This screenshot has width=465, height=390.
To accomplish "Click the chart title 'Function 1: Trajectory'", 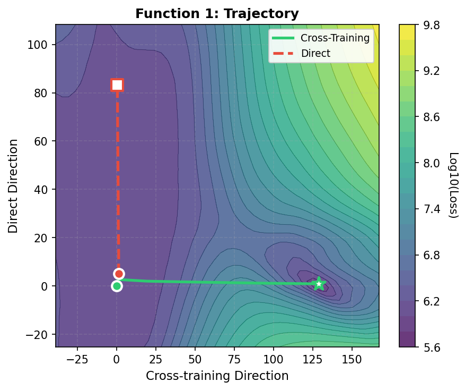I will (217, 14).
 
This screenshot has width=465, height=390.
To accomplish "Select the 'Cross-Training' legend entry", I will (323, 38).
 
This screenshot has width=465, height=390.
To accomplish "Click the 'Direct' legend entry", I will (315, 53).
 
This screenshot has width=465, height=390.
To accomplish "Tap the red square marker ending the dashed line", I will (117, 85).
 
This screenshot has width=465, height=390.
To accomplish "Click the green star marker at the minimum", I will (318, 284).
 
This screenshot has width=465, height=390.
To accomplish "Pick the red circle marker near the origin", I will (119, 274).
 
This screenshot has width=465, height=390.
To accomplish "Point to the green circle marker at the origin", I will (117, 286).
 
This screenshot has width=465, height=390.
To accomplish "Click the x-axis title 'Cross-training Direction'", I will (217, 376).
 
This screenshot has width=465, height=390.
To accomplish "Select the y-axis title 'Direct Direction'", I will (13, 186).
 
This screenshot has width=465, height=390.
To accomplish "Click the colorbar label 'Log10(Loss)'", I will (454, 185).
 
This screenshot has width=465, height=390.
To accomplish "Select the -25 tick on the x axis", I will (77, 359).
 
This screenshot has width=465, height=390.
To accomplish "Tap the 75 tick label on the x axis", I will (234, 359).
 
